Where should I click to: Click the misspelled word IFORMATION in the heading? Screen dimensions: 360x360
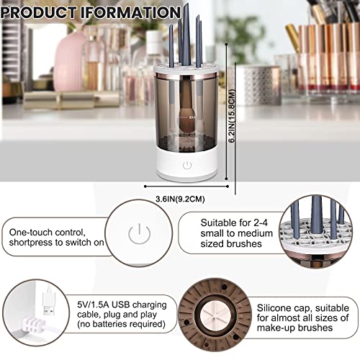pos(137,12)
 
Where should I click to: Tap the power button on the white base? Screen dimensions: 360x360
pos(187,165)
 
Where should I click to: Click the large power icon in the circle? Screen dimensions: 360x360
pos(138,233)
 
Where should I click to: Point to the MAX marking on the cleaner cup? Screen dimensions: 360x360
pos(193,116)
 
